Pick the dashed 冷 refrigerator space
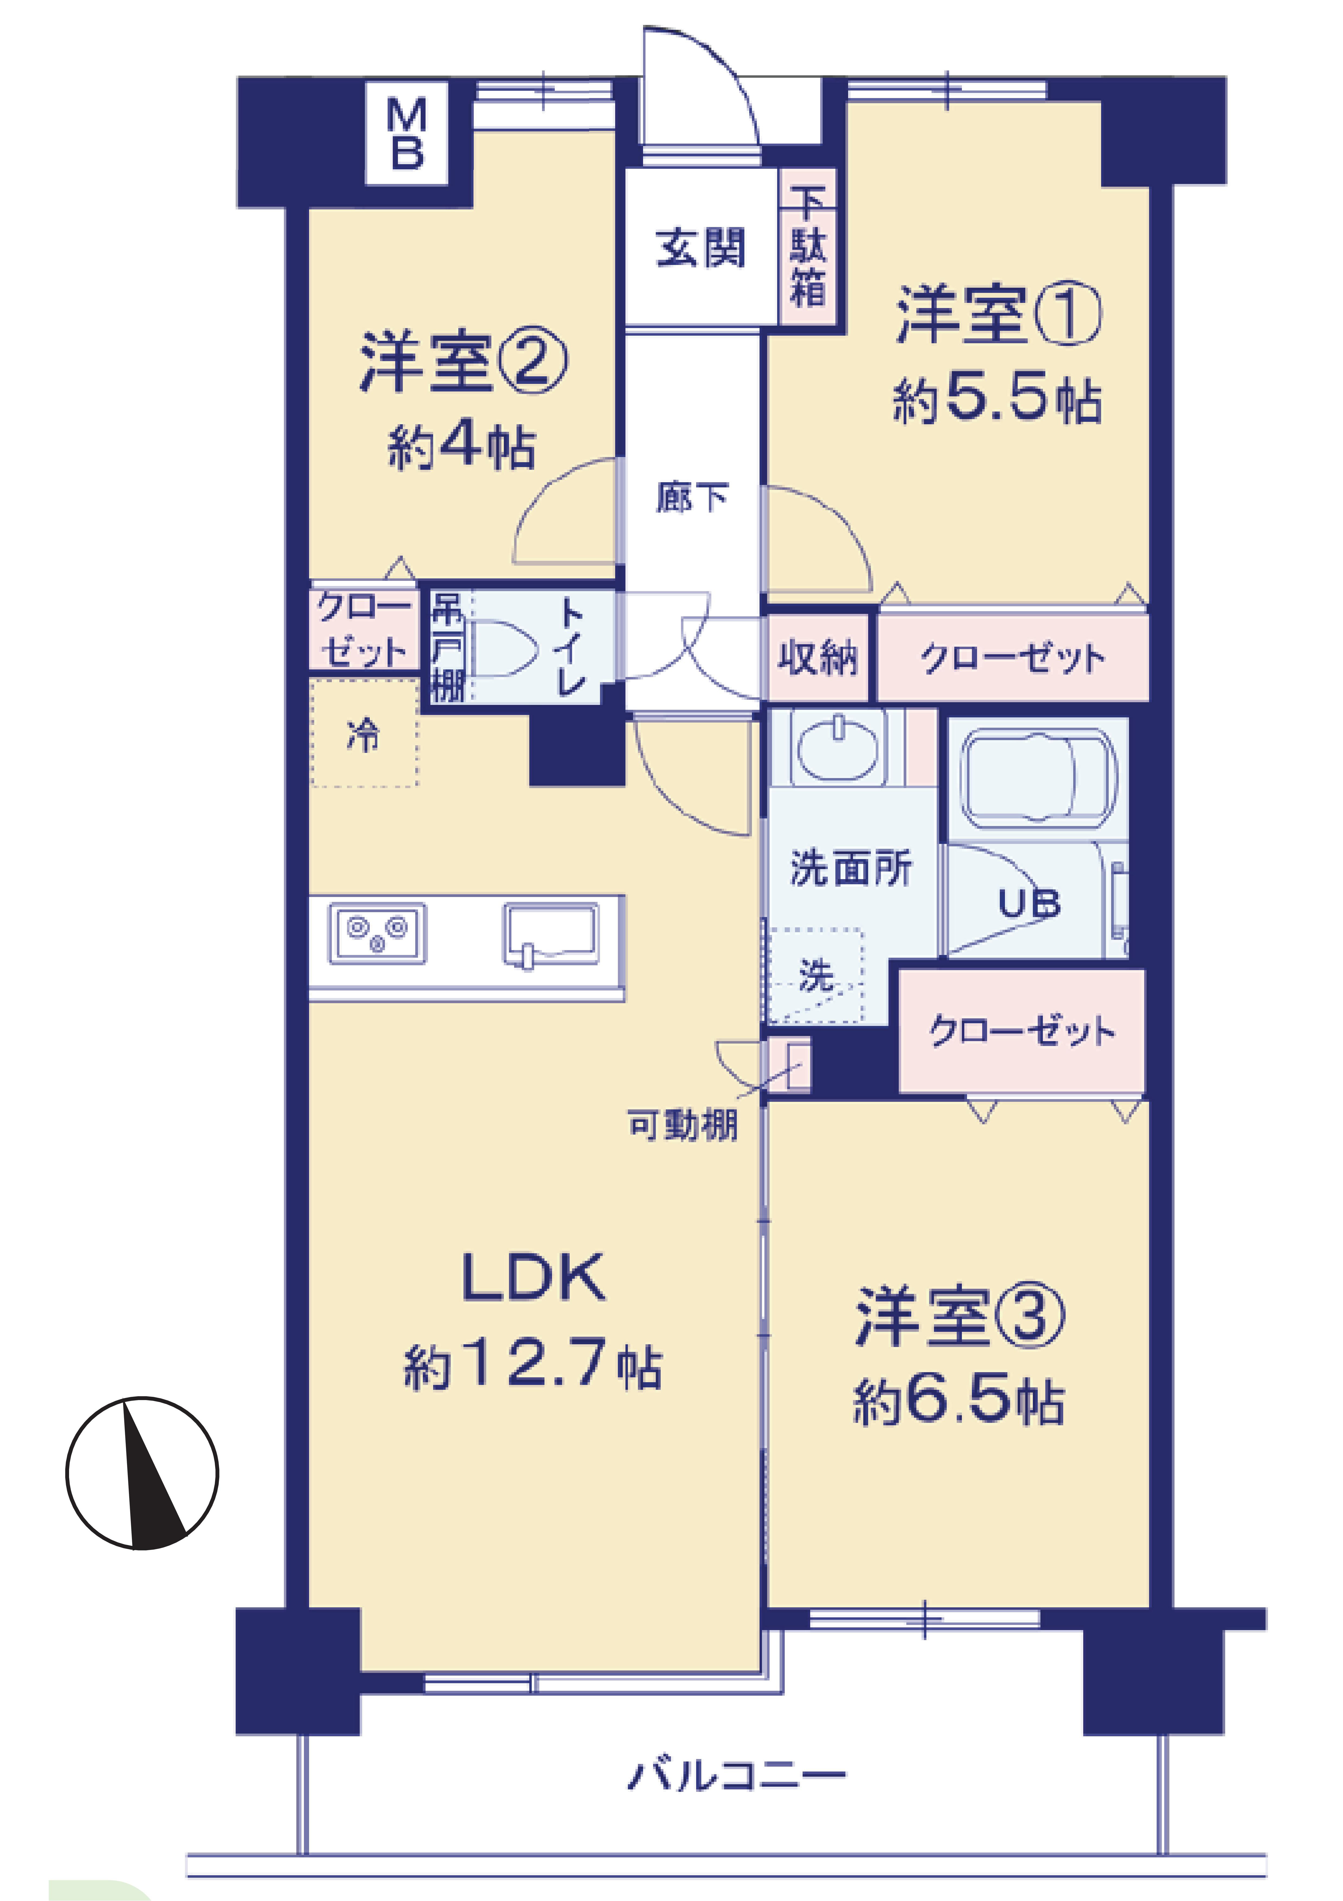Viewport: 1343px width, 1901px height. pyautogui.click(x=364, y=733)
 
